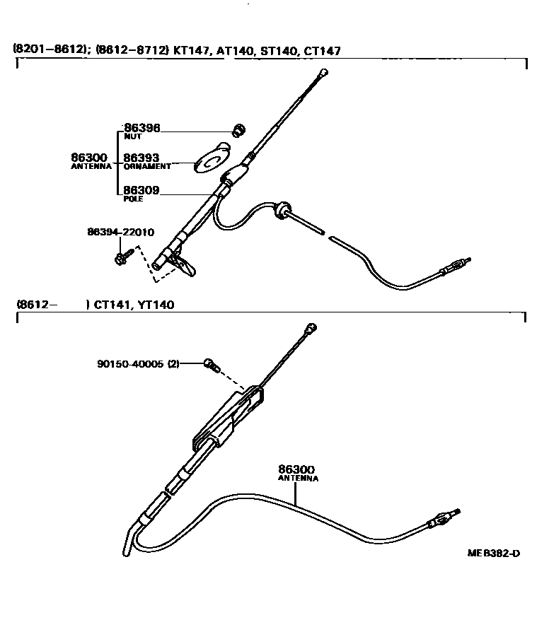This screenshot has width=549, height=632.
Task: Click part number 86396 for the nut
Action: (141, 128)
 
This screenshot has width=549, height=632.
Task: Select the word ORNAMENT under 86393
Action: (146, 167)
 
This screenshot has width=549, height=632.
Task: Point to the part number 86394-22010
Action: (121, 232)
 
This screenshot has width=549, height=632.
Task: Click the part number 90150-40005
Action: (130, 364)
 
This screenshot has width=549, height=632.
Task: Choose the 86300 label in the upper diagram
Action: (89, 158)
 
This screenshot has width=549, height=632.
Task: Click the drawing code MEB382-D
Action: (493, 554)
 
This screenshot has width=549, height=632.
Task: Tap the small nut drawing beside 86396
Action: (239, 129)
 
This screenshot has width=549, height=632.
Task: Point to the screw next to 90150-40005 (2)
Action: (210, 364)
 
